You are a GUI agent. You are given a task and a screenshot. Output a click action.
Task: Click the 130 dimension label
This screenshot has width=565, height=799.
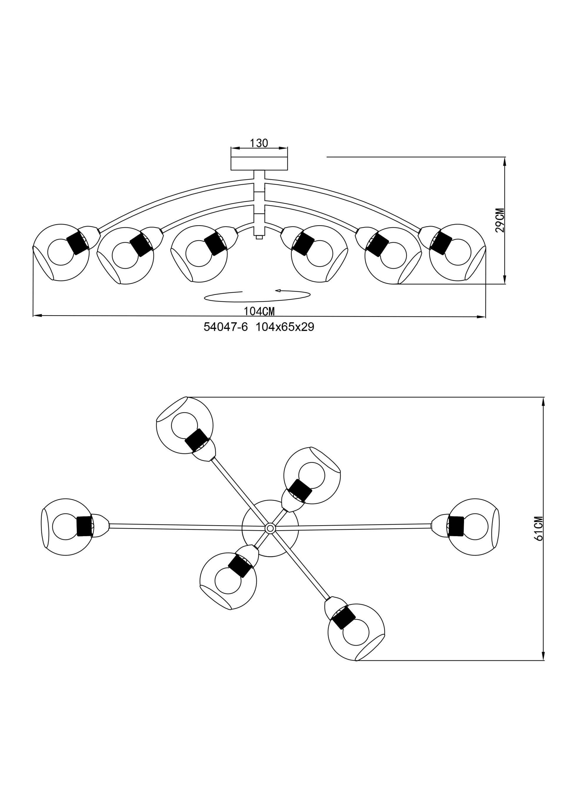tap(259, 143)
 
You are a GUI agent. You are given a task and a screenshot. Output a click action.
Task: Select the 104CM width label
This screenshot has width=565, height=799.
tap(259, 311)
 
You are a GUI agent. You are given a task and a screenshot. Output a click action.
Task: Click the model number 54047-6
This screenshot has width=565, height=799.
tap(225, 327)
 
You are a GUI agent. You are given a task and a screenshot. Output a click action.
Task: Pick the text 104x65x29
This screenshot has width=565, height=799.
tap(285, 327)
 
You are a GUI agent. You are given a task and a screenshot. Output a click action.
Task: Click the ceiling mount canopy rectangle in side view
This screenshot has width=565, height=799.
tap(259, 163)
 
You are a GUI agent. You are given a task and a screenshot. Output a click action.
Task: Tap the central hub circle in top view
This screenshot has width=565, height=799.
tap(270, 528)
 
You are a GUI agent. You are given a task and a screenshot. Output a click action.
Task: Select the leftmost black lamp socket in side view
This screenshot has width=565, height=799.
tap(77, 243)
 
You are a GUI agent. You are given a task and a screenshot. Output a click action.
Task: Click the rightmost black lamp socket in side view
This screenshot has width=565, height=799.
tap(441, 243)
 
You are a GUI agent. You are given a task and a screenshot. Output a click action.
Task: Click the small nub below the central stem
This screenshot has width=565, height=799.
tap(259, 237)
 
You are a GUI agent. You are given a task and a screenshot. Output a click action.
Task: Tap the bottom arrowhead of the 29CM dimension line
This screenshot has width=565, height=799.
tap(504, 279)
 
